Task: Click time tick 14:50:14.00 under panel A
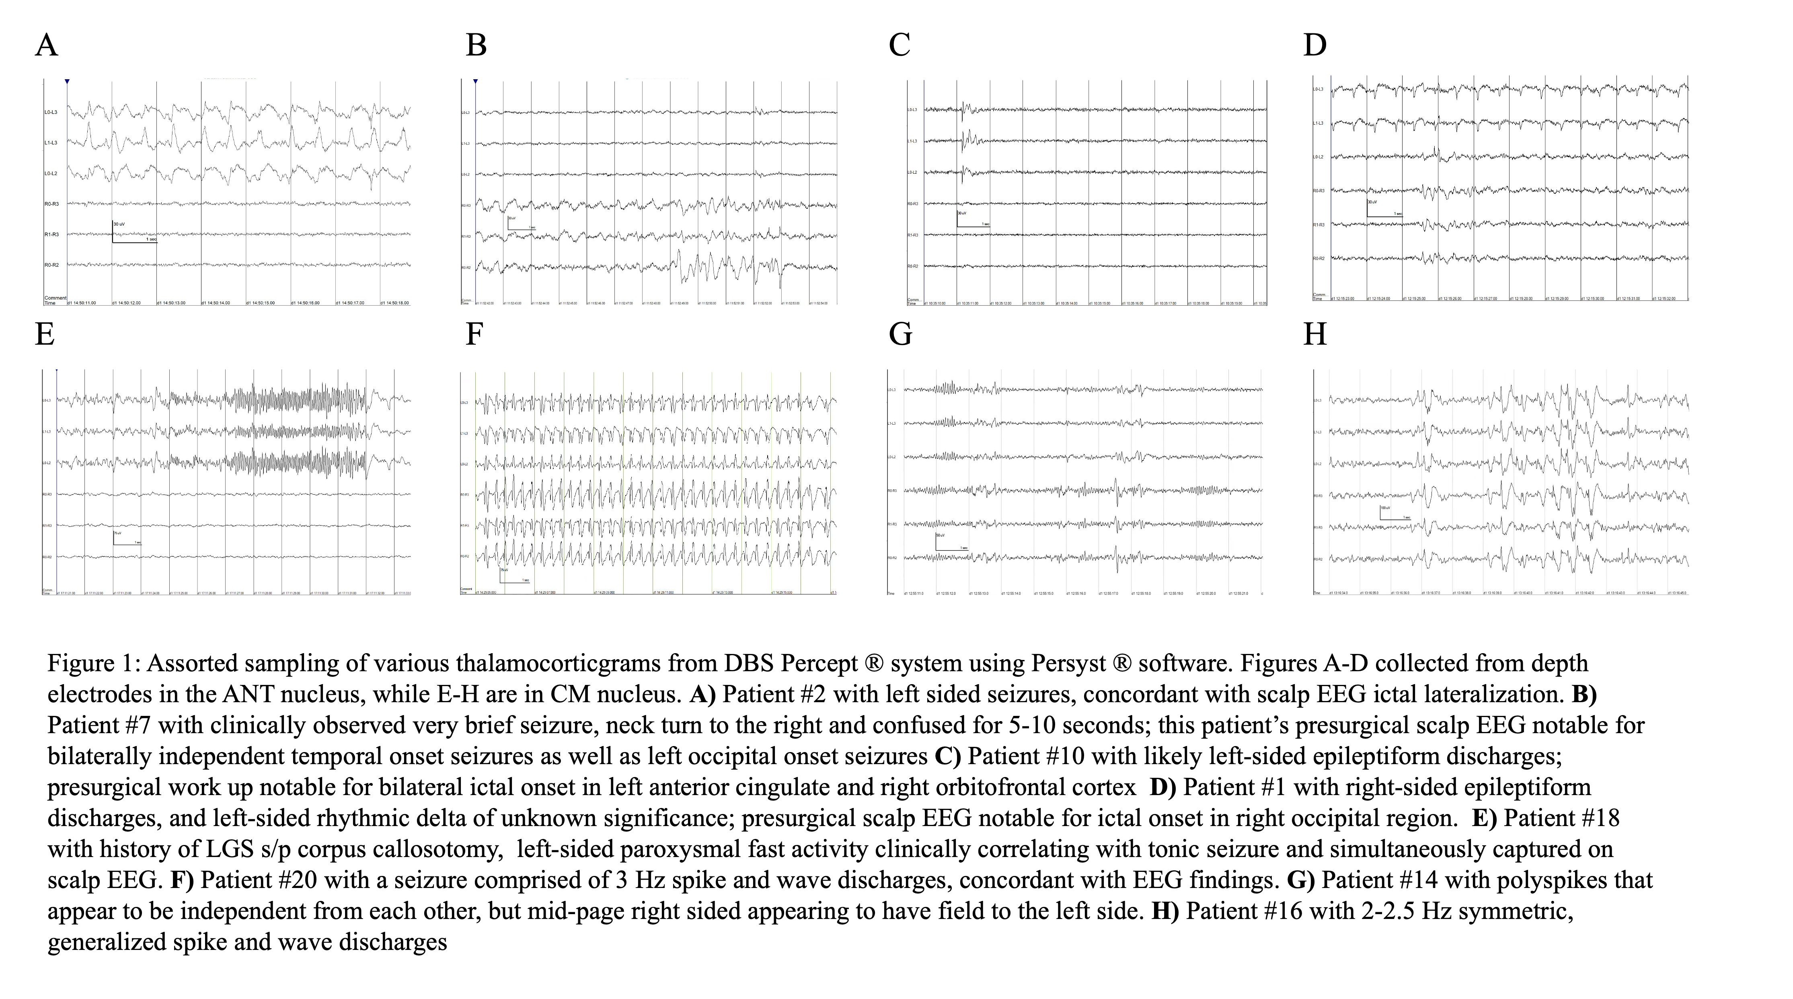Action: (x=216, y=303)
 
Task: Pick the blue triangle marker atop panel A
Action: (x=67, y=82)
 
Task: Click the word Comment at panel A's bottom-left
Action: (x=55, y=298)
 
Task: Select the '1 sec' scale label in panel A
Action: (x=151, y=239)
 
